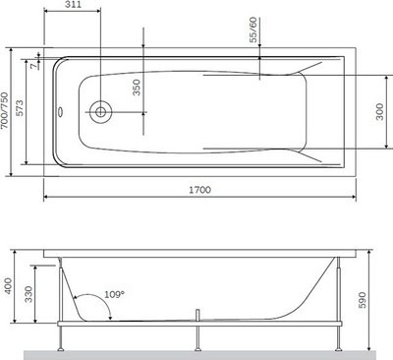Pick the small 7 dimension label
32,66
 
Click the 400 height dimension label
7,287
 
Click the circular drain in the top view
100,112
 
